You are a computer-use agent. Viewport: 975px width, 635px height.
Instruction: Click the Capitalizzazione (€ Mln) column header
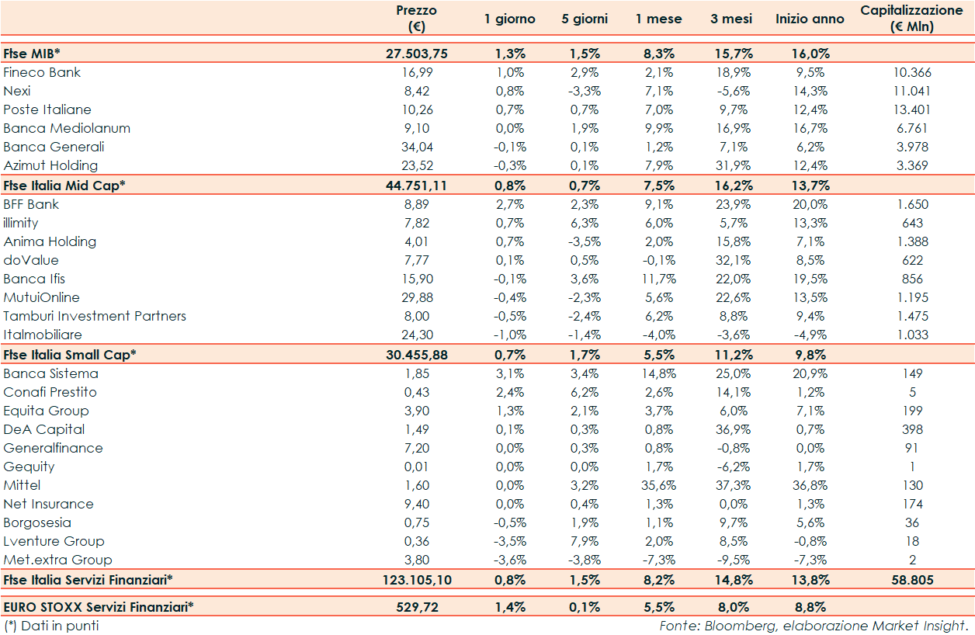[x=911, y=19]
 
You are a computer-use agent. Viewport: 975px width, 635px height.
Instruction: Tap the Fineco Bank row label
[x=42, y=72]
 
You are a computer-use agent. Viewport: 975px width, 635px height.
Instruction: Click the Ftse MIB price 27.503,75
[x=417, y=54]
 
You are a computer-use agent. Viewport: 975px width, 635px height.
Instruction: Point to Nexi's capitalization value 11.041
[x=912, y=91]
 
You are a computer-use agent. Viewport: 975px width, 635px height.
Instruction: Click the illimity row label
[x=21, y=223]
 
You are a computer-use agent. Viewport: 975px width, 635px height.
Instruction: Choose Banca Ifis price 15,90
[x=417, y=279]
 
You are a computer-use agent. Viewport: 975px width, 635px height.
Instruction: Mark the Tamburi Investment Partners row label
[x=95, y=316]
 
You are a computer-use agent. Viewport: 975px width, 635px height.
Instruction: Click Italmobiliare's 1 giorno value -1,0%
[x=510, y=335]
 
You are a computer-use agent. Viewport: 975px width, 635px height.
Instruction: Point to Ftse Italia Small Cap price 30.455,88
[x=417, y=355]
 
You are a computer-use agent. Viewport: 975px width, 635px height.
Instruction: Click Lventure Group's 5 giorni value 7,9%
[x=585, y=541]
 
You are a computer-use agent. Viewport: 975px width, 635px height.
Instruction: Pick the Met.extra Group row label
[x=57, y=560]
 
